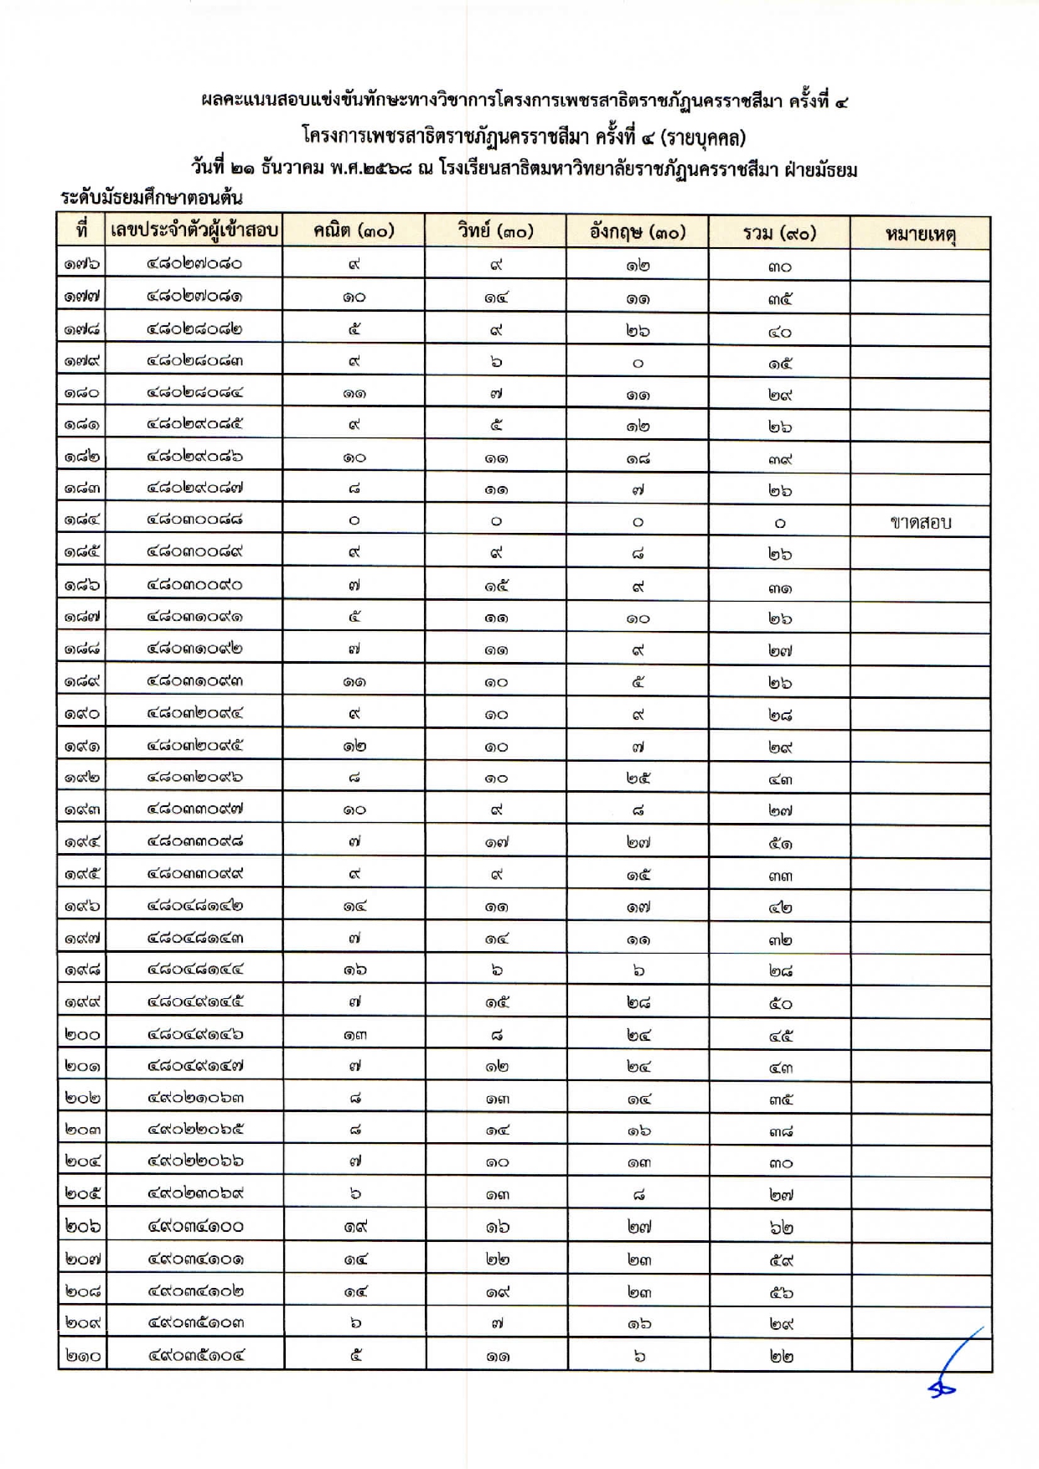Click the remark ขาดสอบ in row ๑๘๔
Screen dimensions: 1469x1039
920,523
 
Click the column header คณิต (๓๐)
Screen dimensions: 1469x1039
354,231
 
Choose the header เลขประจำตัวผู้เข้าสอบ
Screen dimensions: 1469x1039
194,230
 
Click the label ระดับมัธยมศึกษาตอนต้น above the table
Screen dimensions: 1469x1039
152,198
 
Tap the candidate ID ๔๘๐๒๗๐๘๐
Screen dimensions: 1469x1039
194,264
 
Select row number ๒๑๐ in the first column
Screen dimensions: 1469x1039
82,1355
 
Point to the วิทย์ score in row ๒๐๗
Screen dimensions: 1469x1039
496,1260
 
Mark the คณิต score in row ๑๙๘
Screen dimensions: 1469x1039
354,970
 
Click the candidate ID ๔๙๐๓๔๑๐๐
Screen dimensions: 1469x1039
194,1227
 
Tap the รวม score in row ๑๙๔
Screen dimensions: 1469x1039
780,843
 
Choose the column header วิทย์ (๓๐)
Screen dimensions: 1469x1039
495,231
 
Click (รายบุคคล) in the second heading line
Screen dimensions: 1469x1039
703,136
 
